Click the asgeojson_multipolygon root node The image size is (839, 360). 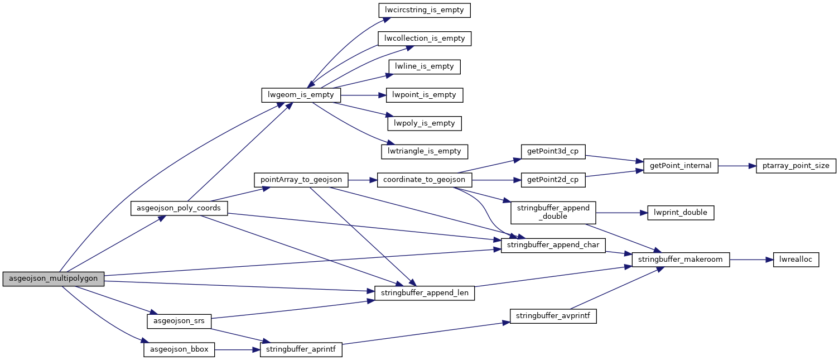pos(54,279)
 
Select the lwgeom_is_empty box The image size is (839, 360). pos(301,95)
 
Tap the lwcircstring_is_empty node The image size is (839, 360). pos(425,10)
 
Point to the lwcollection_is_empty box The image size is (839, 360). pos(425,39)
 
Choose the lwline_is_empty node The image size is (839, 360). pos(425,66)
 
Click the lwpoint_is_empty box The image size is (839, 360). pos(425,95)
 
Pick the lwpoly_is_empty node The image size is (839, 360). pos(425,123)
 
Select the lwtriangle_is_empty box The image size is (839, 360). pos(425,151)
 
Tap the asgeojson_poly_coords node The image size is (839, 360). pos(179,208)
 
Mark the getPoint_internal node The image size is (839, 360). pos(681,166)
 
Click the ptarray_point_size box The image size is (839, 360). pos(795,166)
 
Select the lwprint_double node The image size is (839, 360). pos(681,213)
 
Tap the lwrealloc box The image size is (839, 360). pos(795,260)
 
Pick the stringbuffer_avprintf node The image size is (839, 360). pos(553,316)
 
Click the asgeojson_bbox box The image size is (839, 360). pos(179,350)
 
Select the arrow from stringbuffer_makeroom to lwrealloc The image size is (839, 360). pos(751,260)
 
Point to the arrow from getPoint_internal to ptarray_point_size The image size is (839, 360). pos(736,166)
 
